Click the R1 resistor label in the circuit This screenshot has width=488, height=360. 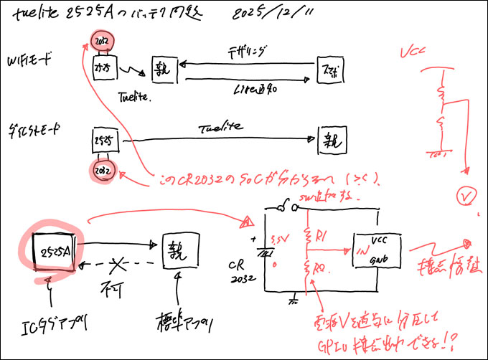click(x=321, y=234)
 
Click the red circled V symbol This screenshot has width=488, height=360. click(x=468, y=196)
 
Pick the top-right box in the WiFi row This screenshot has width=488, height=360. click(x=329, y=72)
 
